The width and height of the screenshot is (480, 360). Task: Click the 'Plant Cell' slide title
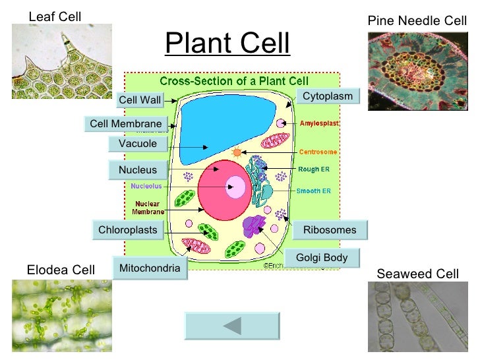pyautogui.click(x=227, y=44)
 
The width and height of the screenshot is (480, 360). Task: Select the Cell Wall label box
pyautogui.click(x=139, y=100)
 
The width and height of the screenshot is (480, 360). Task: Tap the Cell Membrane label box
pyautogui.click(x=125, y=124)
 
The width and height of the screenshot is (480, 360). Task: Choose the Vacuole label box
pyautogui.click(x=137, y=144)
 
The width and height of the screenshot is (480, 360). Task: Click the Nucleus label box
pyautogui.click(x=137, y=170)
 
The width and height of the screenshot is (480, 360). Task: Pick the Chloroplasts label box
pyautogui.click(x=127, y=230)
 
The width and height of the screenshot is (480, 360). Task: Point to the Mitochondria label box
pyautogui.click(x=149, y=268)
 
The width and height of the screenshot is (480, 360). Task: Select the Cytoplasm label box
pyautogui.click(x=327, y=97)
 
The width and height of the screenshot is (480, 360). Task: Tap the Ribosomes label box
pyautogui.click(x=329, y=230)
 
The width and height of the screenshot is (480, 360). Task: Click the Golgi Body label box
pyautogui.click(x=321, y=258)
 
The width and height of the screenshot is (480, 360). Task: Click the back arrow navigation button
pyautogui.click(x=231, y=326)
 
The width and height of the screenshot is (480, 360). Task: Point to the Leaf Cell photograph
pyautogui.click(x=61, y=61)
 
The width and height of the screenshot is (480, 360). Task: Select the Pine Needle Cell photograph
pyautogui.click(x=417, y=71)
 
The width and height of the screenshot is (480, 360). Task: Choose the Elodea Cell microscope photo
pyautogui.click(x=61, y=316)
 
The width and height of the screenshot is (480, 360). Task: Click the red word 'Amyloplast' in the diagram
pyautogui.click(x=320, y=123)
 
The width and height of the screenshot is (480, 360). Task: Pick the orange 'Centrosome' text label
pyautogui.click(x=318, y=152)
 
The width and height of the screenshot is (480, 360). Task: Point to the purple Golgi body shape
pyautogui.click(x=253, y=225)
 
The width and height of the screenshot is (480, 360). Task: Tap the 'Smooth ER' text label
pyautogui.click(x=315, y=191)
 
